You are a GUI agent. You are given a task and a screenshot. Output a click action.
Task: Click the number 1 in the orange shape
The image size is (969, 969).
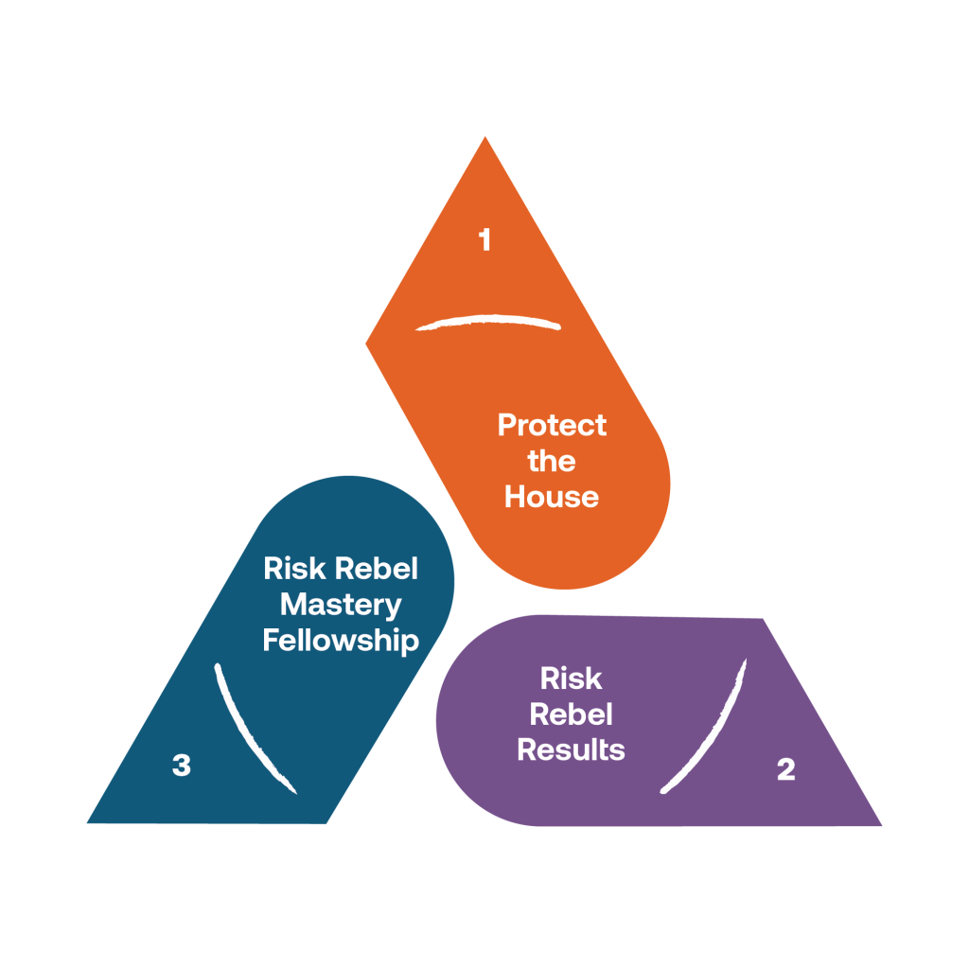pyautogui.click(x=485, y=240)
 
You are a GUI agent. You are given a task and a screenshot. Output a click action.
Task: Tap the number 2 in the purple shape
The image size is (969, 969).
pyautogui.click(x=785, y=769)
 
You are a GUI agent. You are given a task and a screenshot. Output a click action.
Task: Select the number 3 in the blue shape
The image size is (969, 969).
pyautogui.click(x=181, y=765)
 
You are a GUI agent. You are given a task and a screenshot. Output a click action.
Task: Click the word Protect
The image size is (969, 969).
pyautogui.click(x=552, y=425)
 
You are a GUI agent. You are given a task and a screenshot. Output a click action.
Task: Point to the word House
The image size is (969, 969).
pyautogui.click(x=552, y=497)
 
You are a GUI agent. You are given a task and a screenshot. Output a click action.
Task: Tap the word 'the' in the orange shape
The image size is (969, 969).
pyautogui.click(x=552, y=461)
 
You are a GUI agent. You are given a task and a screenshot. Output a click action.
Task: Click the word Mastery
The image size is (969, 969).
pyautogui.click(x=341, y=605)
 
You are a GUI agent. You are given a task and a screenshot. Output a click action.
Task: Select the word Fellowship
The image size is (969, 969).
pyautogui.click(x=341, y=641)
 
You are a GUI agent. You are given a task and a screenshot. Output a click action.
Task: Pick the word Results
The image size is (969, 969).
pyautogui.click(x=571, y=749)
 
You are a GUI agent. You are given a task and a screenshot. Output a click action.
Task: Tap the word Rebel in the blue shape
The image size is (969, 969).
pyautogui.click(x=377, y=569)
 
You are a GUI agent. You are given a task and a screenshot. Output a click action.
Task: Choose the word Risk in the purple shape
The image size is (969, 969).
pyautogui.click(x=571, y=678)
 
